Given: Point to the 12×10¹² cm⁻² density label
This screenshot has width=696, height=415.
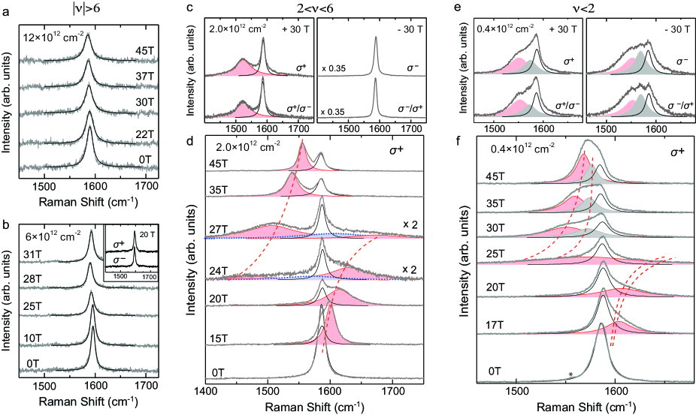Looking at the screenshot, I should (52, 35).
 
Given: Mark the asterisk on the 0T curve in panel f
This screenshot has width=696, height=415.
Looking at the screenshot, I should (571, 374).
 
